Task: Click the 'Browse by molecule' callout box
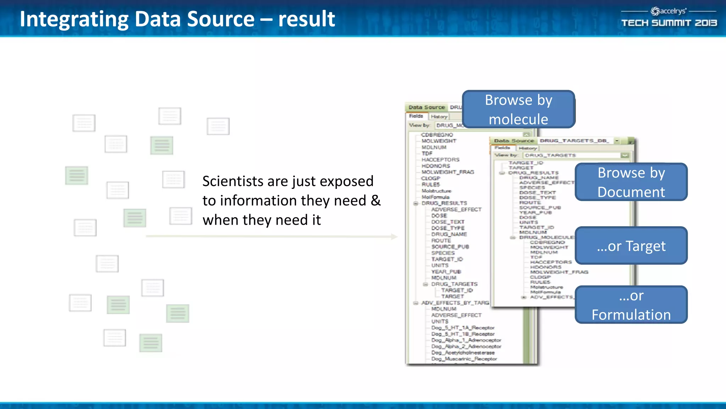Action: click(x=518, y=109)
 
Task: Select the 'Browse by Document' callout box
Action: click(x=631, y=182)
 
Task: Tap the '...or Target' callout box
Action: click(x=631, y=246)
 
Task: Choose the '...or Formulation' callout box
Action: click(x=631, y=305)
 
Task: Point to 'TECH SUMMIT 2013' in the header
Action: click(x=669, y=23)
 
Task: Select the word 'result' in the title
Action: click(x=307, y=19)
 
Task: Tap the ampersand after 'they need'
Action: click(x=376, y=201)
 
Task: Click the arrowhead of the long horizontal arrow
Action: click(x=394, y=236)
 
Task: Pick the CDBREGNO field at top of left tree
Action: click(x=437, y=135)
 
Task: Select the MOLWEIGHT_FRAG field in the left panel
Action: click(x=448, y=172)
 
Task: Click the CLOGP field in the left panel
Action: click(x=431, y=178)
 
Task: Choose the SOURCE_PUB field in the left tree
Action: click(x=450, y=247)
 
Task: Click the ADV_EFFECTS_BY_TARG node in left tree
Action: click(x=455, y=303)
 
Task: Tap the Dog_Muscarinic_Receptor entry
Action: click(x=464, y=359)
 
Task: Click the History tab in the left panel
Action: click(x=439, y=116)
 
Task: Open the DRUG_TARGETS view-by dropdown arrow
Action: click(x=625, y=155)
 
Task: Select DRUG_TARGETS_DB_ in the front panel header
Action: click(x=574, y=141)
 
